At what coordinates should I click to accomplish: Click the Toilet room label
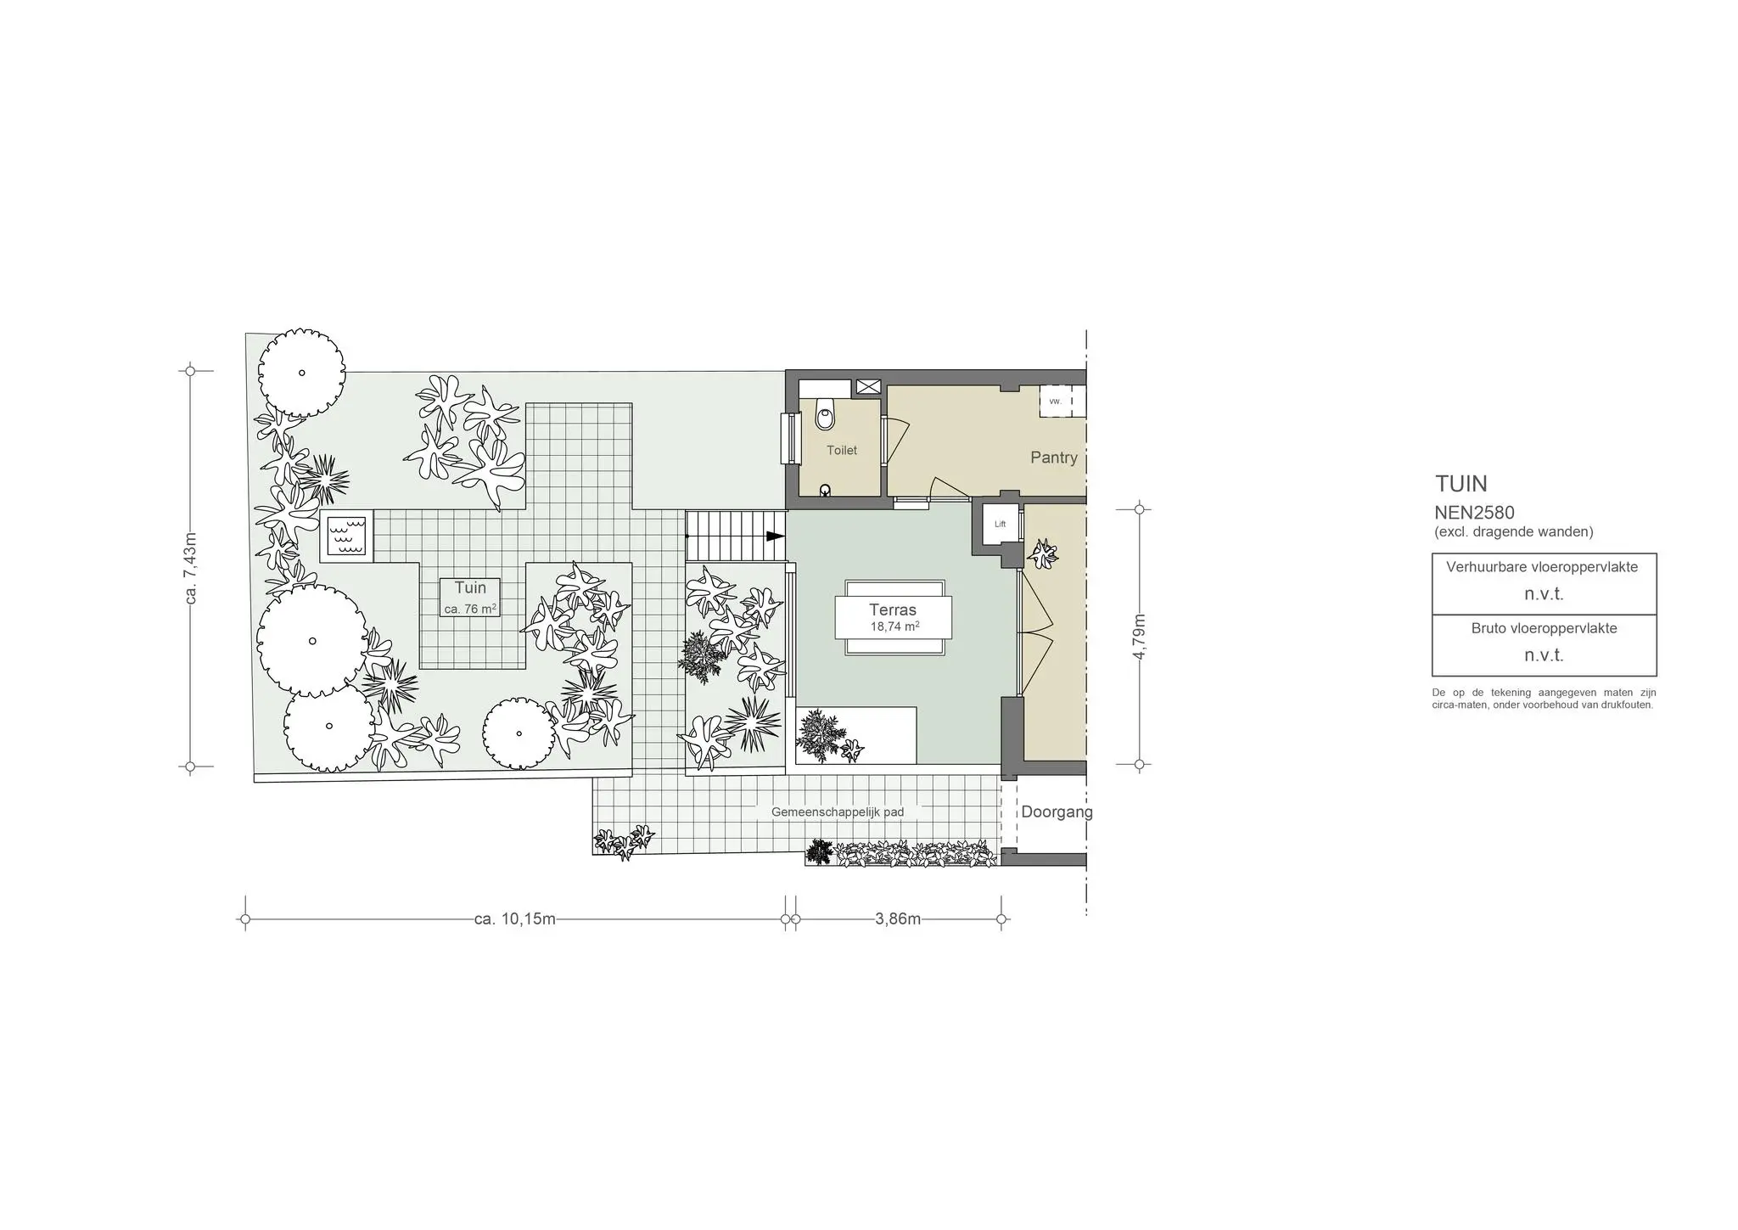(842, 450)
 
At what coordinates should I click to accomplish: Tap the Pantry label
(1053, 458)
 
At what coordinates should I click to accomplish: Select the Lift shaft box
(1000, 525)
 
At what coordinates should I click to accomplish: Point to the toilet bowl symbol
(824, 416)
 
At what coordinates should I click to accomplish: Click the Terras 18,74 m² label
(893, 617)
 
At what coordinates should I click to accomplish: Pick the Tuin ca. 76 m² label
(470, 597)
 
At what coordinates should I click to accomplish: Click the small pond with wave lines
(346, 536)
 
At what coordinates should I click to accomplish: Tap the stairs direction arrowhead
(775, 536)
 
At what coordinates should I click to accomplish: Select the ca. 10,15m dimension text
(514, 918)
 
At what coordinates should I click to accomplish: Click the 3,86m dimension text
(898, 918)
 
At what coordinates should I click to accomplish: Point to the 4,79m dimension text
(1140, 637)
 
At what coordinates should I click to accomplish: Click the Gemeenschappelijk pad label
(837, 812)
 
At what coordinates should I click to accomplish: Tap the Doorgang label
(1057, 812)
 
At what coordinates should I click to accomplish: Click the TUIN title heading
(1461, 484)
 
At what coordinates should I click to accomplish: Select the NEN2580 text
(1474, 513)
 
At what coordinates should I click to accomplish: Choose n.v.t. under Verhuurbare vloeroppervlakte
(1544, 594)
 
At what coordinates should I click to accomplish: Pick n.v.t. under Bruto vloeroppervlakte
(1544, 655)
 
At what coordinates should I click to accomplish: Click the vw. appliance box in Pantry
(1056, 402)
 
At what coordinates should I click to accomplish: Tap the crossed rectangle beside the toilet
(868, 387)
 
